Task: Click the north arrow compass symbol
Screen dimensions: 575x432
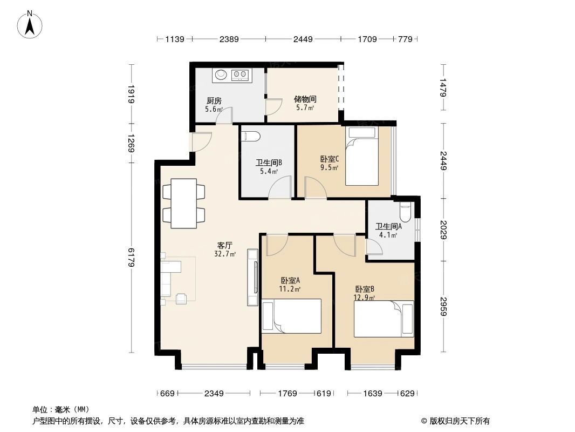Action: (30, 25)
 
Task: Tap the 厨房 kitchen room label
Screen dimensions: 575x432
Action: (214, 100)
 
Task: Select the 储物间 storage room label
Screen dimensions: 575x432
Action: (305, 99)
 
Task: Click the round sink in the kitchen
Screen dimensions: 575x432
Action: (221, 75)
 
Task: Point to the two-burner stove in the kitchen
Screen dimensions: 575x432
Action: (240, 75)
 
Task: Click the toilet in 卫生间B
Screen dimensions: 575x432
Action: (251, 136)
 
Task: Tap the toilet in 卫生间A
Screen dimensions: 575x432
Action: (405, 212)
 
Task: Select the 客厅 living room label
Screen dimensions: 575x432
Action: (224, 245)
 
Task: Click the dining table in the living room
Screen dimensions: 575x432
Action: (184, 204)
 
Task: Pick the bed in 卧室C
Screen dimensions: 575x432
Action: (362, 157)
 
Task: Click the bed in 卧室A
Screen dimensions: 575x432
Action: (292, 316)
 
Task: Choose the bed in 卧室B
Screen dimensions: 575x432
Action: (384, 319)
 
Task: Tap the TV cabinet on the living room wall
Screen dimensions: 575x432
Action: (252, 277)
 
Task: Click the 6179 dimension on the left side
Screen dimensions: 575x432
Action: (132, 257)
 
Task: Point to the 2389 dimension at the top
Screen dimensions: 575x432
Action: (229, 39)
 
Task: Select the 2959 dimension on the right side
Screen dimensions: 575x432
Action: (443, 306)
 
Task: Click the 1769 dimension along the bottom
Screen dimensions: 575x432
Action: (287, 394)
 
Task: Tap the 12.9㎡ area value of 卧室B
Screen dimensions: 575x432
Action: (364, 298)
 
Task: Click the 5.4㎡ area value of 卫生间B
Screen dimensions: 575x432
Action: (269, 171)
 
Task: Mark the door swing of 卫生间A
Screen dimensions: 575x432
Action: (374, 247)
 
